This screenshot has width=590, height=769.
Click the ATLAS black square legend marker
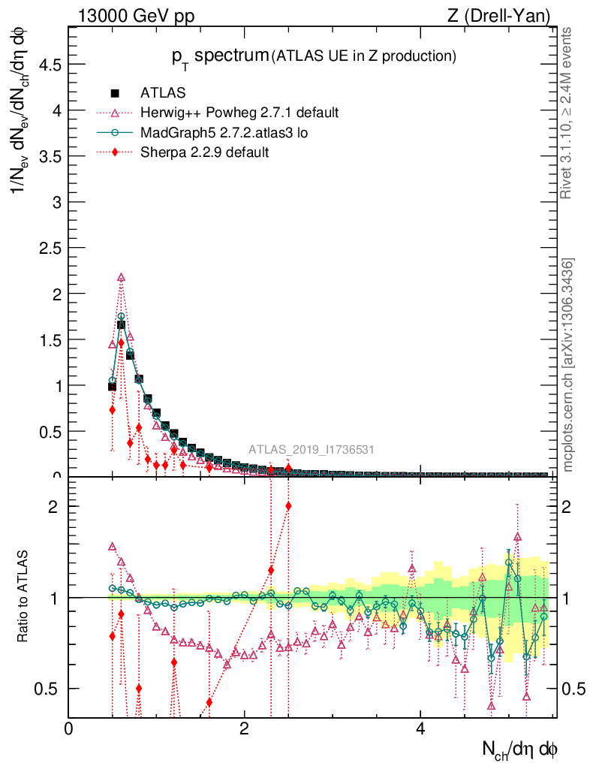click(x=115, y=93)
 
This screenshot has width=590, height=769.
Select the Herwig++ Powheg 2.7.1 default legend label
click(x=239, y=113)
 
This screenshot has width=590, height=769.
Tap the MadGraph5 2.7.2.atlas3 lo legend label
click(x=224, y=133)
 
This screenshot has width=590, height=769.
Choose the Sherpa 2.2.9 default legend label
click(x=204, y=152)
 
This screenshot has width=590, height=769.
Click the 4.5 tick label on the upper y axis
click(x=50, y=65)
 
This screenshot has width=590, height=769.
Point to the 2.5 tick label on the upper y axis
click(x=50, y=249)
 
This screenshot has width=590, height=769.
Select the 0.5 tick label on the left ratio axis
click(x=50, y=689)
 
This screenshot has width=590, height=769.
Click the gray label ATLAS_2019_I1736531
click(x=312, y=451)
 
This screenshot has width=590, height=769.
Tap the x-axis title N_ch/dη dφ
click(x=519, y=749)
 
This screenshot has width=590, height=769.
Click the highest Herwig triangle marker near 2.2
click(x=121, y=278)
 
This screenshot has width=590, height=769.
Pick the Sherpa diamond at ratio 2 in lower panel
click(x=288, y=506)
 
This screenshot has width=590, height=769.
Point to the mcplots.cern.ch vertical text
click(x=568, y=364)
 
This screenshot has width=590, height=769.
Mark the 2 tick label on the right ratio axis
click(x=568, y=506)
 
